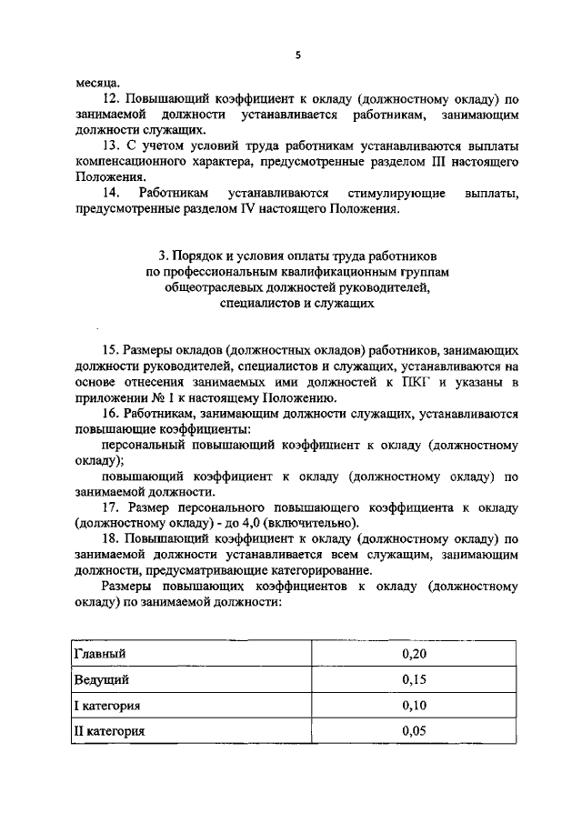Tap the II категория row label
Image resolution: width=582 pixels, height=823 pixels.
(x=109, y=730)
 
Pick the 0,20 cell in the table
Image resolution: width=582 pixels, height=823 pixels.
(x=414, y=654)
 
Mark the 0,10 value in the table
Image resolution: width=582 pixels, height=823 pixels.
(x=414, y=705)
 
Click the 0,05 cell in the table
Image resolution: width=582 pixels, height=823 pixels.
(x=414, y=730)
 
